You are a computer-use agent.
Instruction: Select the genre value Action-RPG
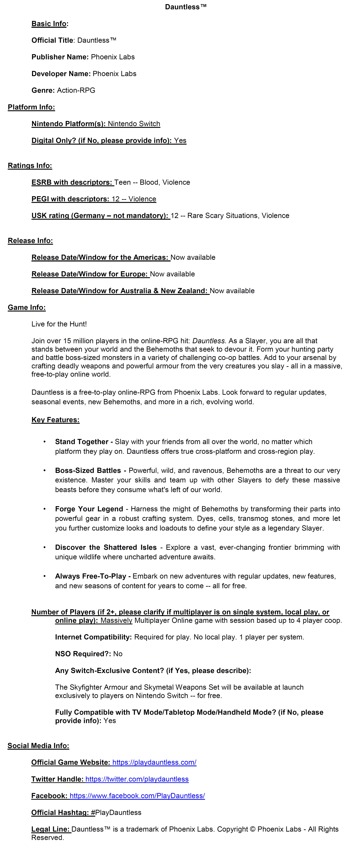(76, 90)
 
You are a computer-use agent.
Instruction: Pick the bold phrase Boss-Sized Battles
(88, 471)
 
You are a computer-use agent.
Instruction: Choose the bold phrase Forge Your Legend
(89, 509)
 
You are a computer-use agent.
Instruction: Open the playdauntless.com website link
(154, 762)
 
